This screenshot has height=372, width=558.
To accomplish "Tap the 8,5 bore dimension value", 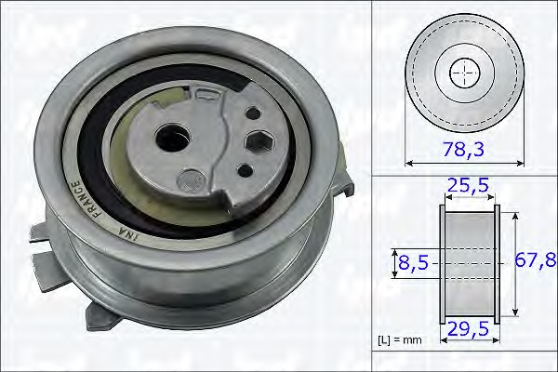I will pos(414,264).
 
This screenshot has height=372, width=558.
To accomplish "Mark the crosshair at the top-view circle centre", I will pos(462,72).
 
